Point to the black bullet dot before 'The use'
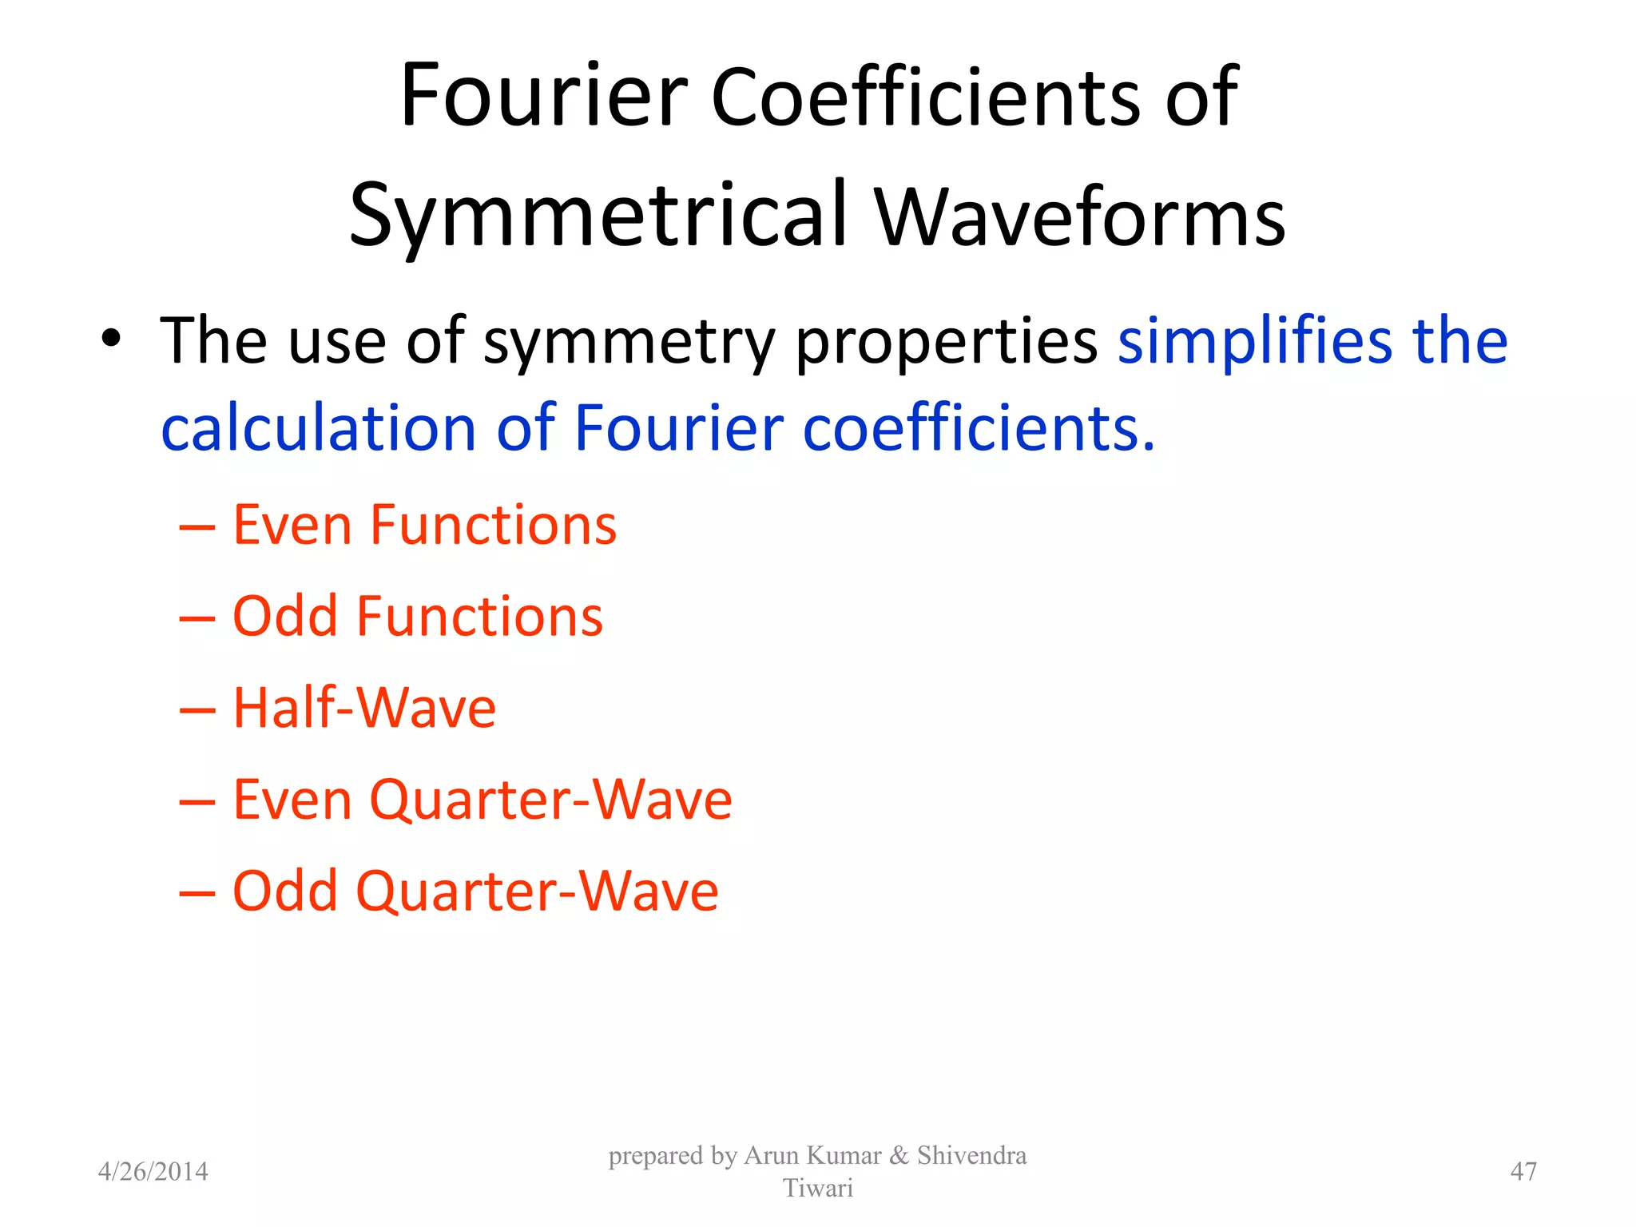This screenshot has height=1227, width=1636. (x=111, y=339)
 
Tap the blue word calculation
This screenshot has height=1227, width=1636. (x=319, y=428)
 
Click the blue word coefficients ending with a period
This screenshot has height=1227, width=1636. (x=978, y=428)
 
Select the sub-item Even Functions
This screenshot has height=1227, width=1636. (x=424, y=526)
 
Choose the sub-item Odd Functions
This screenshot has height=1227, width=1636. (x=417, y=617)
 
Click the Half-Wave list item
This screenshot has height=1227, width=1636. (x=364, y=708)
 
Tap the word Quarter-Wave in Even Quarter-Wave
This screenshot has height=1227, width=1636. (x=550, y=800)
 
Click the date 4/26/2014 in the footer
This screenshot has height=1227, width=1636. (x=153, y=1172)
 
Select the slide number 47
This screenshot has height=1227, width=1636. (x=1523, y=1172)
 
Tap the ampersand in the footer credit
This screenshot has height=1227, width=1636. (x=899, y=1156)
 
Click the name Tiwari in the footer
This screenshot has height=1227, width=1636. (x=817, y=1189)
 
